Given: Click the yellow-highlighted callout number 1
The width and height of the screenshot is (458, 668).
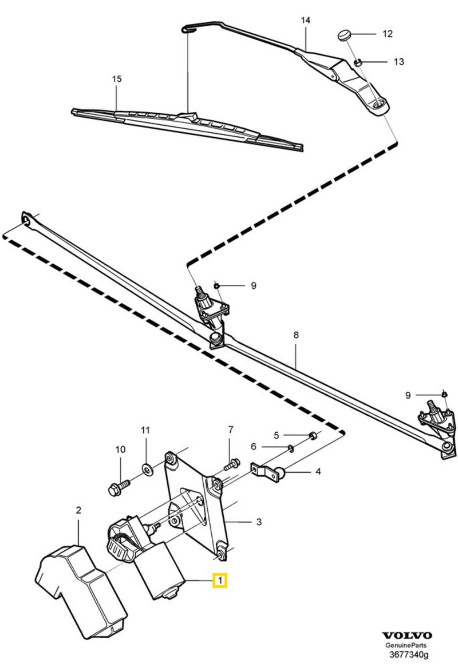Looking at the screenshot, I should point(220,581).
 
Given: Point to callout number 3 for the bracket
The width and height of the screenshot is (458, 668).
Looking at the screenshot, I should point(259,522).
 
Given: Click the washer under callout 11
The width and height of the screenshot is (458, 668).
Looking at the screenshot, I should point(145,470).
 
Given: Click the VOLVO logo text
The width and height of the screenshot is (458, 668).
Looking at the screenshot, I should point(407,635).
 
